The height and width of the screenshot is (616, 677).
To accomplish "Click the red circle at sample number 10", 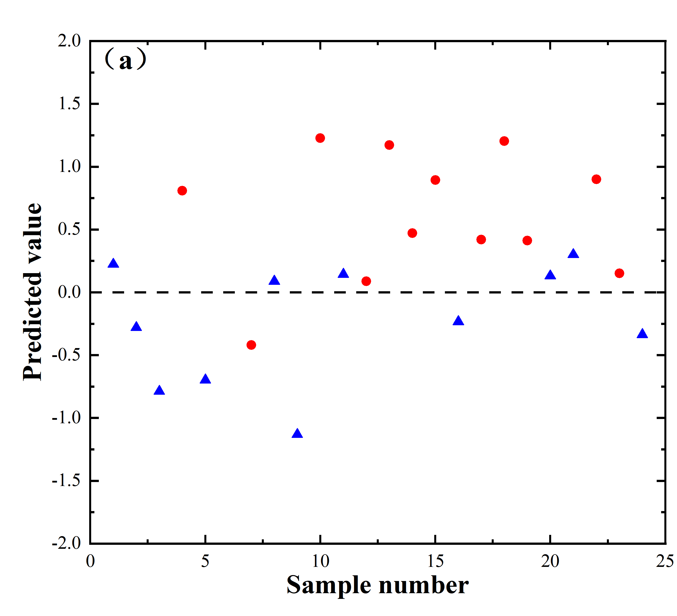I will point(320,138).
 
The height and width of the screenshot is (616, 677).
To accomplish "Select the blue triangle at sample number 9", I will point(297,434).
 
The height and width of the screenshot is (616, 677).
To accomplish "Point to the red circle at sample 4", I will point(182,191).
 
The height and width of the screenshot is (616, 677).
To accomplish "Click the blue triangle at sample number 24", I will point(642,334).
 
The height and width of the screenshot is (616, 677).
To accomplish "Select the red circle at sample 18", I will point(504,141).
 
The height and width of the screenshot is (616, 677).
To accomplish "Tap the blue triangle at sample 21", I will point(573,254).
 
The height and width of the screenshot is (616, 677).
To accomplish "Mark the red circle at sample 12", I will point(366,281).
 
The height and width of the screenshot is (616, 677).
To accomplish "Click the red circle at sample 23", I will point(619,273).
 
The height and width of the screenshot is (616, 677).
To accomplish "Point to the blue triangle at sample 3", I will point(159,391).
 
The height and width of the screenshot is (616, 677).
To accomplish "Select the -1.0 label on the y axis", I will point(66,418).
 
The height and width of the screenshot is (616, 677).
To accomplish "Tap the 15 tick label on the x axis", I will point(435,561).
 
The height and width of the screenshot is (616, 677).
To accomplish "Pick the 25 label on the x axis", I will point(665,561).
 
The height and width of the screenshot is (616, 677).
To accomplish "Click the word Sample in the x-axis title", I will point(329,585).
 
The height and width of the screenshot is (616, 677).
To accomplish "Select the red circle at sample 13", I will point(389,145).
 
